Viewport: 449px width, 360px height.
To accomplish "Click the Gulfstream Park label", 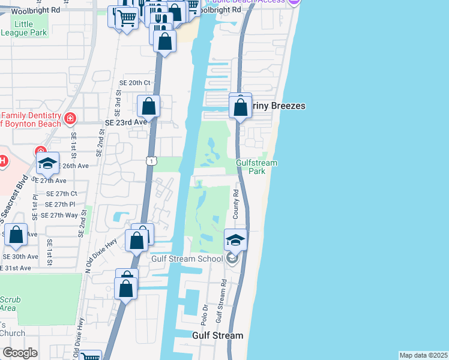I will [250, 167].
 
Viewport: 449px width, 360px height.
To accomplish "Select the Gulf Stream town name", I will [217, 335].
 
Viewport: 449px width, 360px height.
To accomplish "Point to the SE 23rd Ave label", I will [126, 122].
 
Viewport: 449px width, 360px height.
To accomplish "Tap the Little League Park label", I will [24, 28].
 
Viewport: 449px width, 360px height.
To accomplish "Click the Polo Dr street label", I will [205, 315].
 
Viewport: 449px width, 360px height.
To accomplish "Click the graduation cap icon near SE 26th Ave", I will [47, 164].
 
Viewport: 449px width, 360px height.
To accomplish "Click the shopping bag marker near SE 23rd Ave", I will [149, 107].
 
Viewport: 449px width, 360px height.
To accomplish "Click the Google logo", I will [20, 353].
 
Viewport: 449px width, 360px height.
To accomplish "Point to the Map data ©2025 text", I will [423, 355].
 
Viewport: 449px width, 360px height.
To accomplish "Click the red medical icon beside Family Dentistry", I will [71, 119].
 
